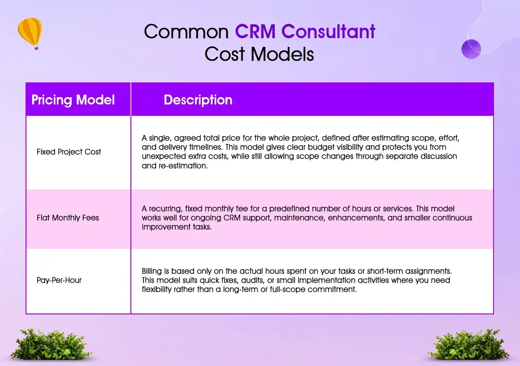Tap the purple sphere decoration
pyautogui.click(x=471, y=49)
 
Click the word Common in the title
pyautogui.click(x=186, y=31)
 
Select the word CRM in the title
pyautogui.click(x=255, y=31)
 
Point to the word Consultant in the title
pyautogui.click(x=328, y=31)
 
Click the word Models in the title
pyautogui.click(x=282, y=54)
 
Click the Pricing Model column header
pyautogui.click(x=73, y=100)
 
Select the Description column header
pyautogui.click(x=198, y=100)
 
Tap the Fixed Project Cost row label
pyautogui.click(x=69, y=152)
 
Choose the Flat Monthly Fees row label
pyautogui.click(x=68, y=218)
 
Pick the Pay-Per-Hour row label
pyautogui.click(x=59, y=280)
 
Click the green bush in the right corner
pyautogui.click(x=469, y=344)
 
